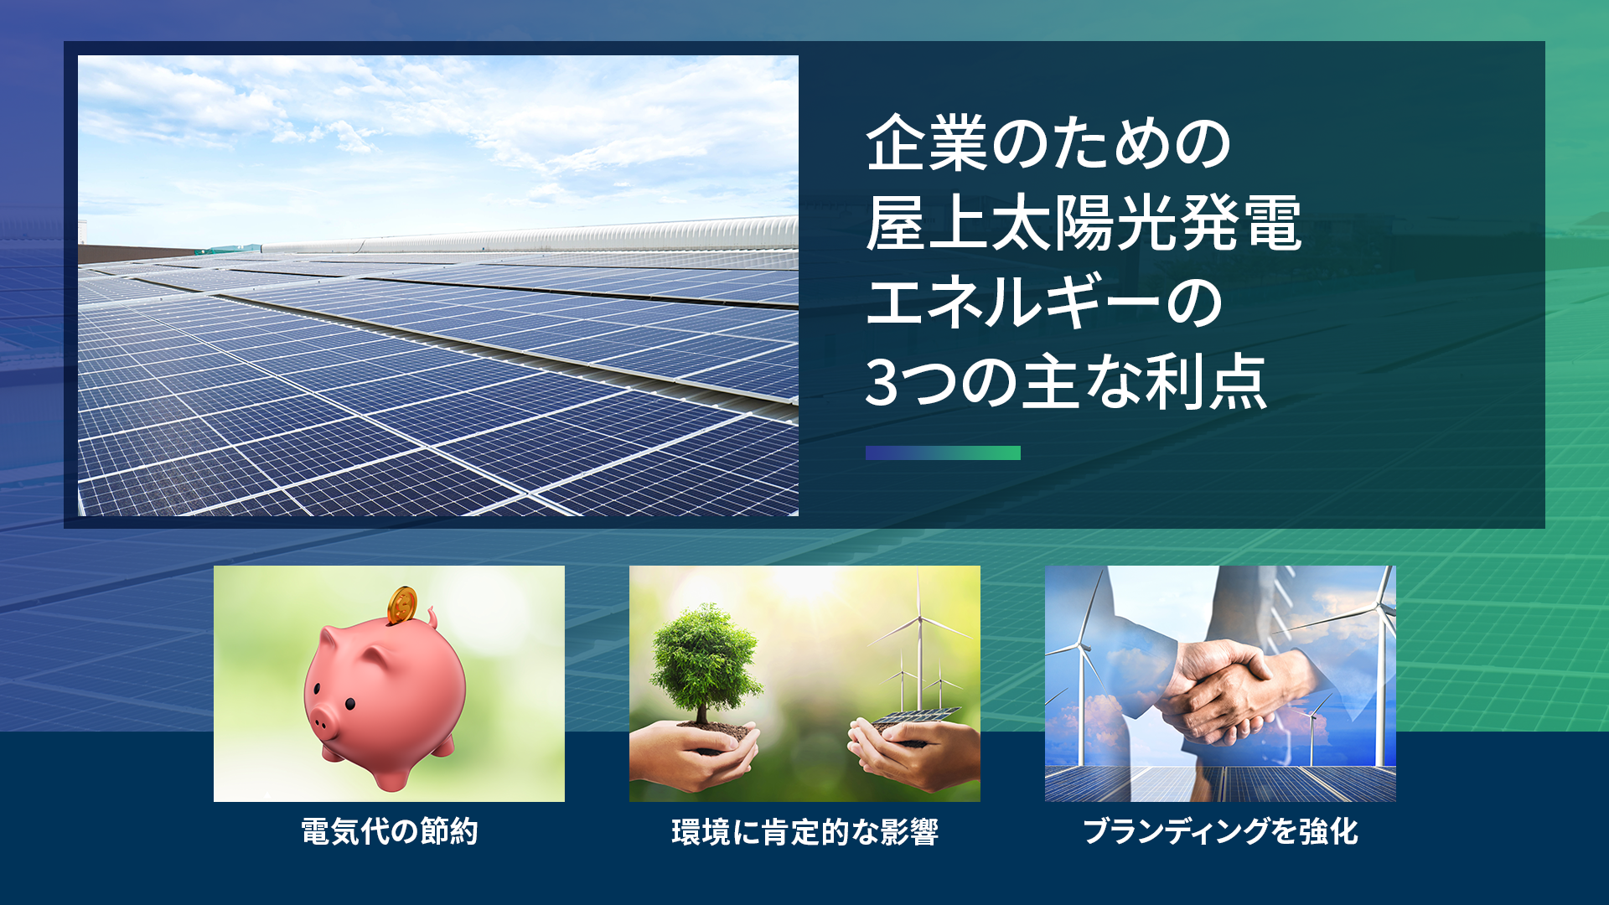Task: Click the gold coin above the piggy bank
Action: [402, 603]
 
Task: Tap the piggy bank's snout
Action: [323, 720]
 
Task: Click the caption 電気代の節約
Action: [389, 831]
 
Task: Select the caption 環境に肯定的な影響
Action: [804, 831]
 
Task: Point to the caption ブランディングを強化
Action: [1220, 831]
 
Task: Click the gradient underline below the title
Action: [943, 452]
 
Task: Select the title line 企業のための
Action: [1048, 144]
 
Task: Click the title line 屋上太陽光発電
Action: [1084, 224]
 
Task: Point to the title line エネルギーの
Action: [1044, 303]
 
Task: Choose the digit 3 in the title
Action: [882, 382]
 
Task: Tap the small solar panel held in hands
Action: [913, 718]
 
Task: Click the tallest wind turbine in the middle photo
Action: [920, 637]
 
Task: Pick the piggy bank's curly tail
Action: [432, 619]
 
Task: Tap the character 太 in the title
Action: [1021, 224]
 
